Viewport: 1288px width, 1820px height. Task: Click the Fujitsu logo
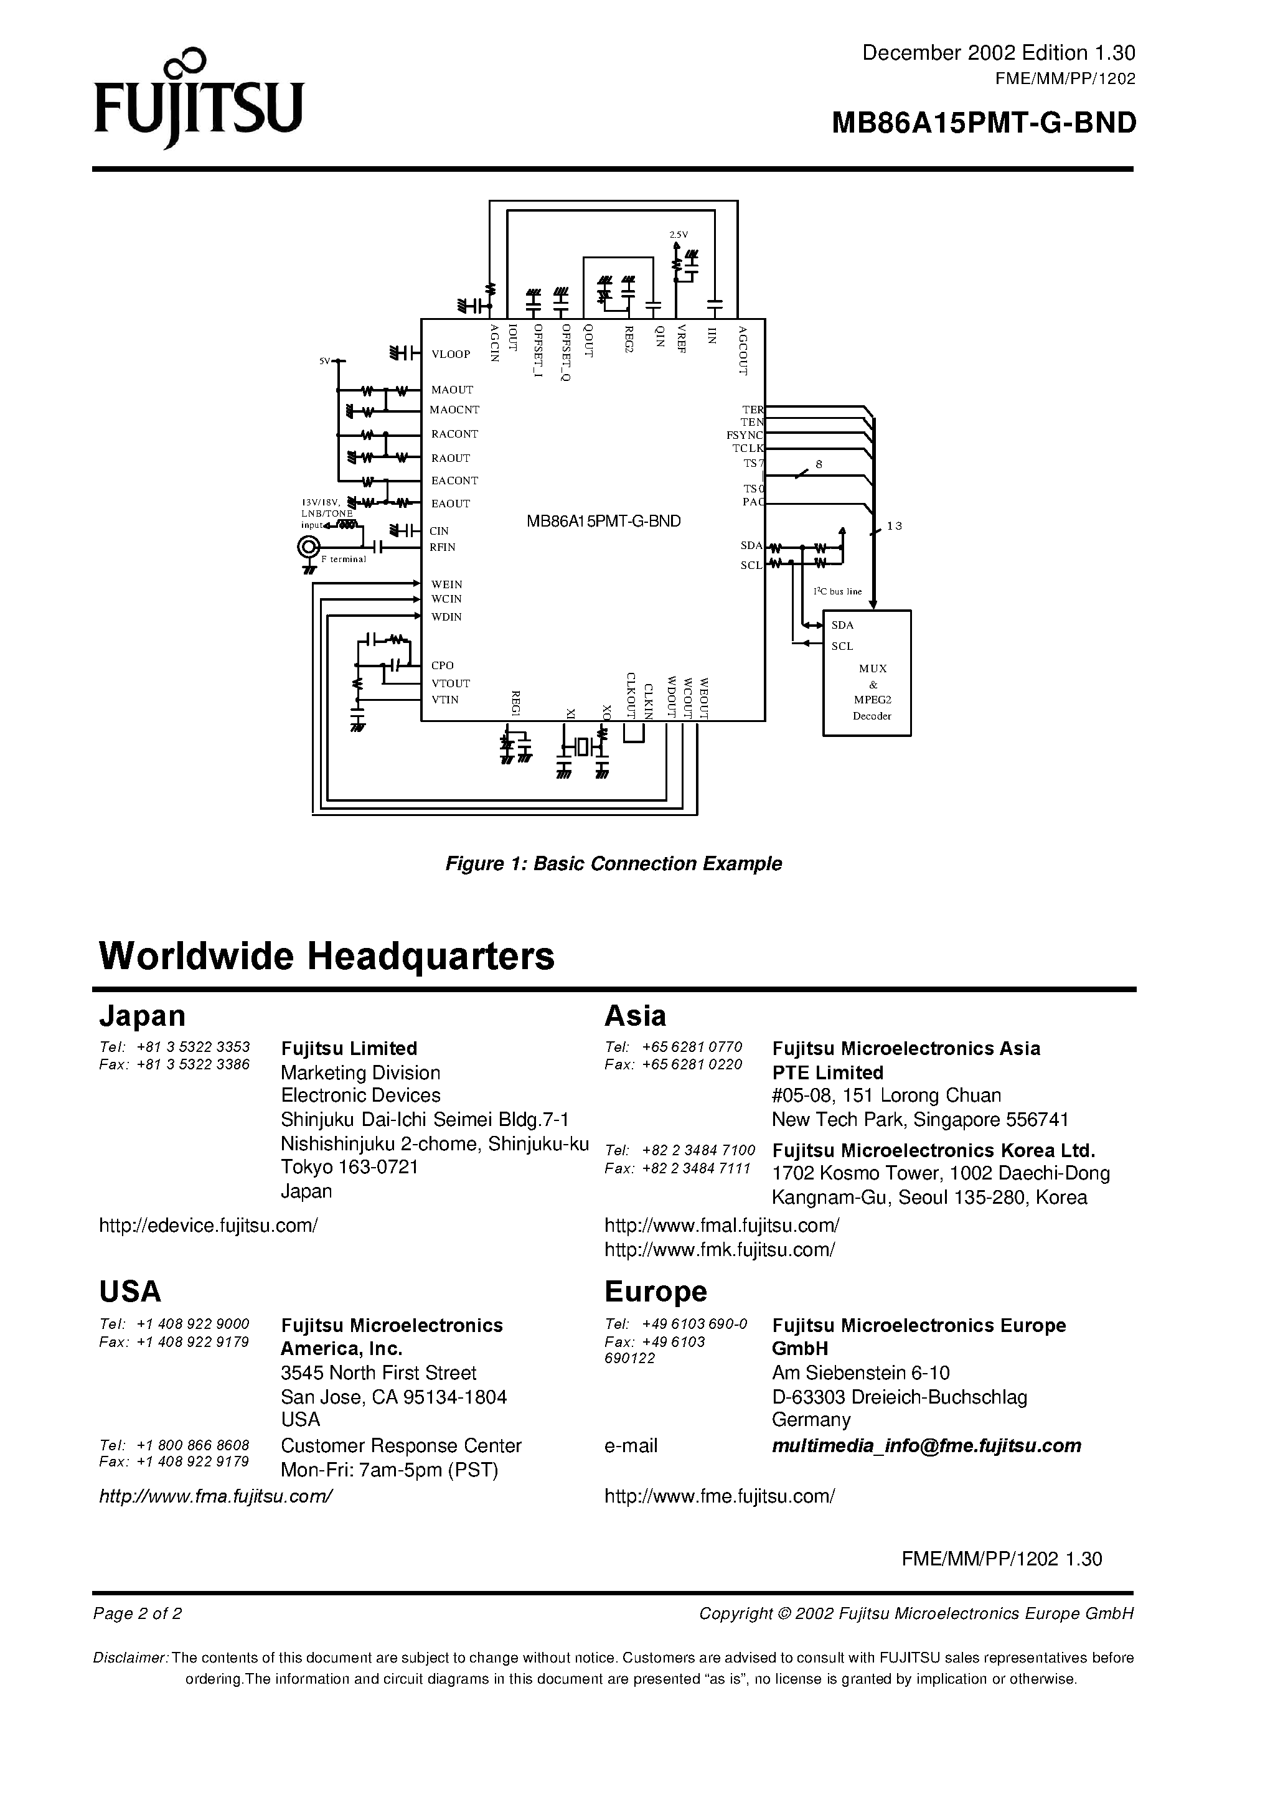click(199, 99)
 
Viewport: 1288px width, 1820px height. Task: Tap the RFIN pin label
click(443, 547)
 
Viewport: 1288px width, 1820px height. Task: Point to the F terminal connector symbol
click(309, 547)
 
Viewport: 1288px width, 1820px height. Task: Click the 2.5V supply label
click(678, 235)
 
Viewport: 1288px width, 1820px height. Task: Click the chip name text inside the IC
click(604, 521)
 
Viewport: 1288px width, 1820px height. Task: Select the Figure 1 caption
click(613, 863)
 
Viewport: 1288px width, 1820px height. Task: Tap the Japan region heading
click(142, 1016)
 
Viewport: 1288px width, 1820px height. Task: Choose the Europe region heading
click(655, 1291)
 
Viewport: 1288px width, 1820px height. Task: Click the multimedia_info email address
click(926, 1446)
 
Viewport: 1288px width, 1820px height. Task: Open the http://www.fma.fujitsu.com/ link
click(215, 1496)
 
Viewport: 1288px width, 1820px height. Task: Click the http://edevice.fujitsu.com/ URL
click(208, 1225)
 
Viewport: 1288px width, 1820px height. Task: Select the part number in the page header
click(984, 123)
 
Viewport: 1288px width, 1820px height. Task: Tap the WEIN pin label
click(446, 584)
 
